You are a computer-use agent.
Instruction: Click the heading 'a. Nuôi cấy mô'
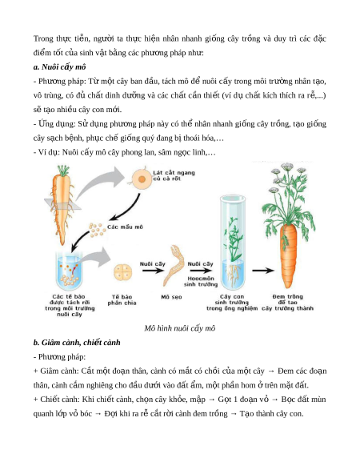pyautogui.click(x=59, y=67)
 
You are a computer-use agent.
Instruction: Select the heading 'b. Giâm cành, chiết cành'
pyautogui.click(x=77, y=343)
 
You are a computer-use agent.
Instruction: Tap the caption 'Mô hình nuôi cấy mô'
pyautogui.click(x=180, y=328)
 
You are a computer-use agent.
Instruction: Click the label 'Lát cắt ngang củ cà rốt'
pyautogui.click(x=174, y=175)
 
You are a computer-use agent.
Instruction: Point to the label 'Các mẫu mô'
pyautogui.click(x=125, y=227)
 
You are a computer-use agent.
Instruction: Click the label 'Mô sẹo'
pyautogui.click(x=171, y=297)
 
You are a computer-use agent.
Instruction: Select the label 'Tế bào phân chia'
pyautogui.click(x=122, y=300)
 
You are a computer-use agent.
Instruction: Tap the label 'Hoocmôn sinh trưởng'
pyautogui.click(x=201, y=282)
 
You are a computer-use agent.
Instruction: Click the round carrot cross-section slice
pyautogui.click(x=142, y=179)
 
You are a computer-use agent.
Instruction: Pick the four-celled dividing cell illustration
pyautogui.click(x=122, y=272)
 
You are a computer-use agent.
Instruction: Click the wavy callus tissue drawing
pyautogui.click(x=174, y=265)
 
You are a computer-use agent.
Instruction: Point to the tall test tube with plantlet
pyautogui.click(x=233, y=243)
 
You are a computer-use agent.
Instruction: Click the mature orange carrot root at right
pyautogui.click(x=288, y=255)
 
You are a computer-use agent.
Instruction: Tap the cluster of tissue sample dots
pyautogui.click(x=97, y=230)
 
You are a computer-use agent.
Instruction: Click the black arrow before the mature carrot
pyautogui.click(x=263, y=271)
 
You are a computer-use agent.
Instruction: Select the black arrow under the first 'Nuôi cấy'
pyautogui.click(x=153, y=271)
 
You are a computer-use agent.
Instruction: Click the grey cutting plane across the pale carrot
pyautogui.click(x=62, y=204)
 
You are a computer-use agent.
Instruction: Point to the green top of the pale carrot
pyautogui.click(x=63, y=171)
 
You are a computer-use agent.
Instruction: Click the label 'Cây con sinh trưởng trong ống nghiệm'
pyautogui.click(x=232, y=303)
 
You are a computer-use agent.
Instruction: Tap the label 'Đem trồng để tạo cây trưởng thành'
pyautogui.click(x=287, y=303)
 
